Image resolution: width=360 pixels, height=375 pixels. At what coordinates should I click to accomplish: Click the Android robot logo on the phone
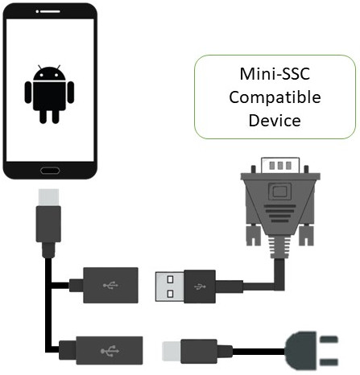click(49, 94)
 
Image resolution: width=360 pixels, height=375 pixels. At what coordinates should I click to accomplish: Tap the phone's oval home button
click(50, 171)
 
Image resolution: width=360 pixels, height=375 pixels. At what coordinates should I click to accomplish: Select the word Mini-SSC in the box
click(275, 74)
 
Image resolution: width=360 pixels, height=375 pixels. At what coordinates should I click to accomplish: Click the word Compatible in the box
click(275, 97)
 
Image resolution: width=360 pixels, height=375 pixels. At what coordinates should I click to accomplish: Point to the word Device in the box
click(275, 121)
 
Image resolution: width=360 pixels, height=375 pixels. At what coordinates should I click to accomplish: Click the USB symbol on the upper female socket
click(110, 285)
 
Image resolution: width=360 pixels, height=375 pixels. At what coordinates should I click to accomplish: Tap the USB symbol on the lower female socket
click(110, 351)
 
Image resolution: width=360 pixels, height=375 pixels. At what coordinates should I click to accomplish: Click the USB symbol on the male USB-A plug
click(200, 286)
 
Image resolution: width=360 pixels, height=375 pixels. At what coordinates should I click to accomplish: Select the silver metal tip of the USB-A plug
click(170, 286)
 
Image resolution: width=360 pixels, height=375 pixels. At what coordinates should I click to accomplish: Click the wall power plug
click(311, 351)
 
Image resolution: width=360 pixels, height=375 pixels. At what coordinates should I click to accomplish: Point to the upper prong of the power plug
click(329, 340)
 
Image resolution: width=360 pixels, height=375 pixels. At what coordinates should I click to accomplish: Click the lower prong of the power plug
click(329, 362)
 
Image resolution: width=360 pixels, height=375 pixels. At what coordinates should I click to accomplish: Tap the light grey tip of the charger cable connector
click(172, 351)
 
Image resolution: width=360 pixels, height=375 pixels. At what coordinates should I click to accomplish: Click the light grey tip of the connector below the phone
click(48, 197)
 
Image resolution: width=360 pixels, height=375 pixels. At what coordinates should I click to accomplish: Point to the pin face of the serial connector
click(280, 165)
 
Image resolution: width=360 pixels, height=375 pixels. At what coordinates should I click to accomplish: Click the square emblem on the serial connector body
click(279, 192)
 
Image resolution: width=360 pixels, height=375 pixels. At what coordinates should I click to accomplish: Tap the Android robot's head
click(49, 73)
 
